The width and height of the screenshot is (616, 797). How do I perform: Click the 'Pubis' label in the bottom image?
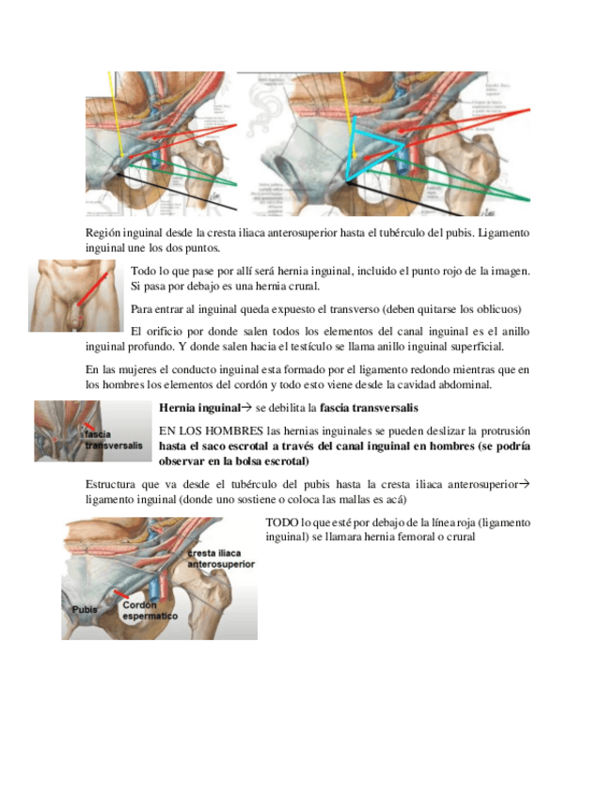[85, 610]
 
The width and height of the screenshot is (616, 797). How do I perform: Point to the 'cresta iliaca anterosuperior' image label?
[221, 559]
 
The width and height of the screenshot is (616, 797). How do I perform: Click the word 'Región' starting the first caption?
[104, 231]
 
